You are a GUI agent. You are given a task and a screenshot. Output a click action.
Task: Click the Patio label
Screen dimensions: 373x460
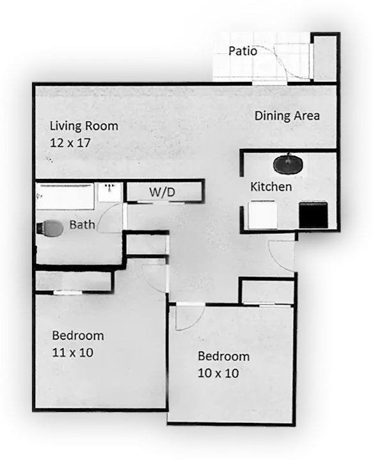[x=242, y=50]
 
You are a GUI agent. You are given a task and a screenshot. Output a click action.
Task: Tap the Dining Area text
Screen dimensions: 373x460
[x=287, y=116]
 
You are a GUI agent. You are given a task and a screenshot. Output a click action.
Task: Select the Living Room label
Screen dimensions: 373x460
[x=84, y=126]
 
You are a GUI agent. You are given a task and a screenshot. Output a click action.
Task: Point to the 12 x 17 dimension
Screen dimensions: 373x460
[x=70, y=143]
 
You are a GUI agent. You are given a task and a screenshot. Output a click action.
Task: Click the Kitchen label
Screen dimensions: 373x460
[x=271, y=187]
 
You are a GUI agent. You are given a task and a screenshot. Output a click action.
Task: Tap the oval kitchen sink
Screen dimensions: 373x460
[x=288, y=164]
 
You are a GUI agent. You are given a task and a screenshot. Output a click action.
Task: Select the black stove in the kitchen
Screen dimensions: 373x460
[x=313, y=215]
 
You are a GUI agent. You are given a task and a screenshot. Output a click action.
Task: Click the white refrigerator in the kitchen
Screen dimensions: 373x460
[x=262, y=215]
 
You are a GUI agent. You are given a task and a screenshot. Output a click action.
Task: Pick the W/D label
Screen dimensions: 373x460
[x=162, y=192]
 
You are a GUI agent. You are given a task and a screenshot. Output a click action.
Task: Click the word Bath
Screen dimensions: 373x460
[x=83, y=225]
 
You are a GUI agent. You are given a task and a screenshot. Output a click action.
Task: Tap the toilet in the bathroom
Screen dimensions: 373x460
[x=50, y=228]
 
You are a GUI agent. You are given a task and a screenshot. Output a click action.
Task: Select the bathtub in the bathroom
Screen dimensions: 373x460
[x=65, y=196]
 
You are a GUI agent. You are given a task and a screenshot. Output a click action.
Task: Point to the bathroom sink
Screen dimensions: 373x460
[x=110, y=192]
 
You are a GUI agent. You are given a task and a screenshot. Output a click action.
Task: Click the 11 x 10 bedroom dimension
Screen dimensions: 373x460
[x=72, y=352]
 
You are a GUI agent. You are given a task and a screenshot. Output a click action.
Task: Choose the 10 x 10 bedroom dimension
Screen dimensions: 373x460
[x=218, y=373]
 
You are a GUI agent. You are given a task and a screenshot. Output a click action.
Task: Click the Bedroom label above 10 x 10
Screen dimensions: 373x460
[x=223, y=356]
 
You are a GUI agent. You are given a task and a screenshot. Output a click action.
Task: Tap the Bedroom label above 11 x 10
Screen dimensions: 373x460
[x=78, y=335]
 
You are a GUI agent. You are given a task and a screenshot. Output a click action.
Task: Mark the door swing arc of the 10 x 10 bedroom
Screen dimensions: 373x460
[x=197, y=322]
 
